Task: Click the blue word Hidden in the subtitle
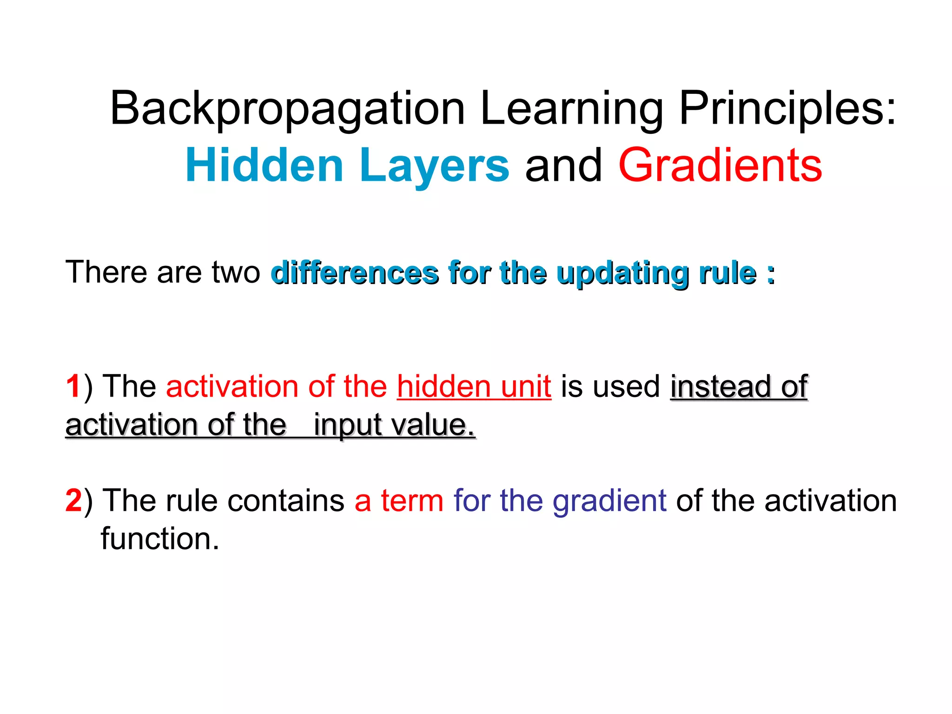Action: coord(264,165)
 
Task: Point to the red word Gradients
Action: coord(720,165)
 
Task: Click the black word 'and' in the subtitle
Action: coord(563,165)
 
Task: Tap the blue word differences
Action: coord(355,273)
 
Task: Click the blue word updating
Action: coord(622,273)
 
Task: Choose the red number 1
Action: coord(73,387)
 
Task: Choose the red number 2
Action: coord(73,501)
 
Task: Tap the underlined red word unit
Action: coord(526,387)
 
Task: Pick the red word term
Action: coord(412,501)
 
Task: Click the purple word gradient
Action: coord(609,501)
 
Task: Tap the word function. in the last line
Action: coord(160,539)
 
